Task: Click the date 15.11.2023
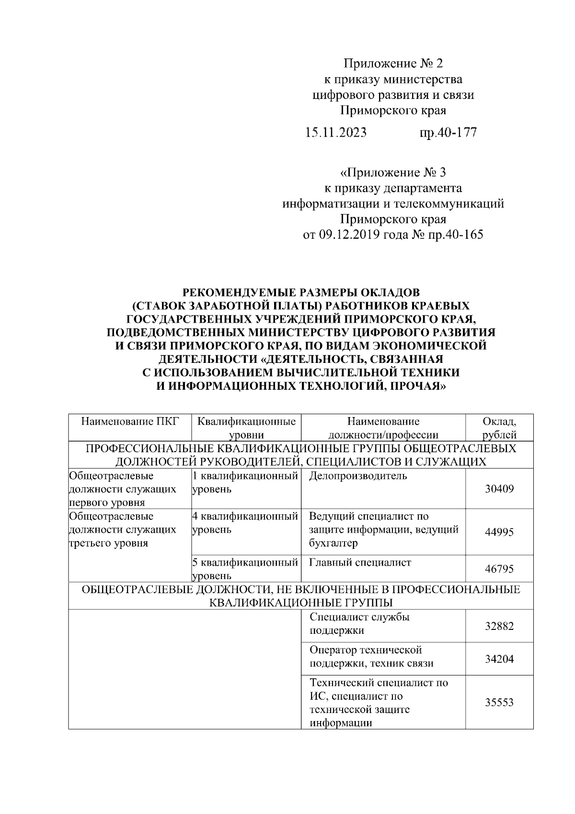click(336, 132)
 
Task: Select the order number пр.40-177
click(448, 132)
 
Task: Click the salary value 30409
click(499, 489)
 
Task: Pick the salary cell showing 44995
click(499, 532)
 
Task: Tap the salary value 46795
click(499, 569)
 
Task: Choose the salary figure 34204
click(499, 659)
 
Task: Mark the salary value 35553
click(499, 702)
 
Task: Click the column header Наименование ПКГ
click(129, 421)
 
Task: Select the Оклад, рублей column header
click(499, 428)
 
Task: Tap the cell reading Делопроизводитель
click(358, 476)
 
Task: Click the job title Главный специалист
click(360, 562)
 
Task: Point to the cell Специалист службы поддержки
click(359, 624)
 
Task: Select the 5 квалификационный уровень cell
click(245, 569)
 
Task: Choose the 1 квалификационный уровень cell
click(245, 482)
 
